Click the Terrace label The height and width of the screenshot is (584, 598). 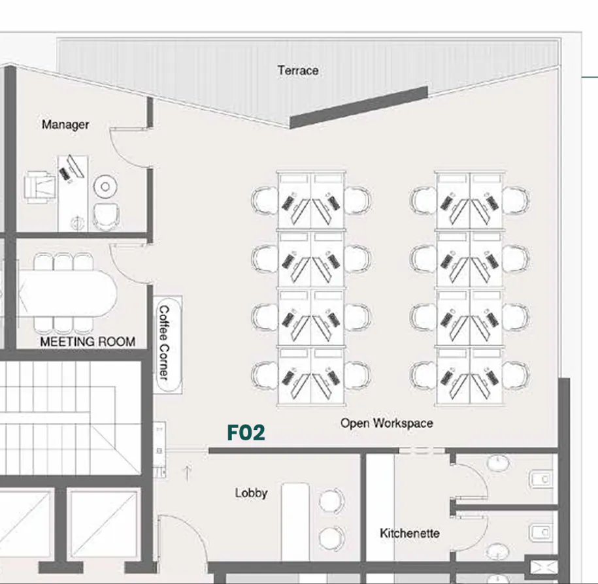pos(297,70)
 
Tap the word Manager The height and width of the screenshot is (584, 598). pos(65,124)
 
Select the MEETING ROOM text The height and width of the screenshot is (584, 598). pos(88,341)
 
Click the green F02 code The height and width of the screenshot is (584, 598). pos(246,432)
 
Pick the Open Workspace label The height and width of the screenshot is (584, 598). pos(386,423)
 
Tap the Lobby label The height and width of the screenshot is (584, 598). pos(251,493)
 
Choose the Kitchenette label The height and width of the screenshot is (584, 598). pos(410,533)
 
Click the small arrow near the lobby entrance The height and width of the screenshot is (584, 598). pos(188,472)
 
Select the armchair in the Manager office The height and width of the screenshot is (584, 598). pos(41,186)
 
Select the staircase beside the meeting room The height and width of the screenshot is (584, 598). pos(71,418)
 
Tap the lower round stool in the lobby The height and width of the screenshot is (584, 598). pos(331,538)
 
